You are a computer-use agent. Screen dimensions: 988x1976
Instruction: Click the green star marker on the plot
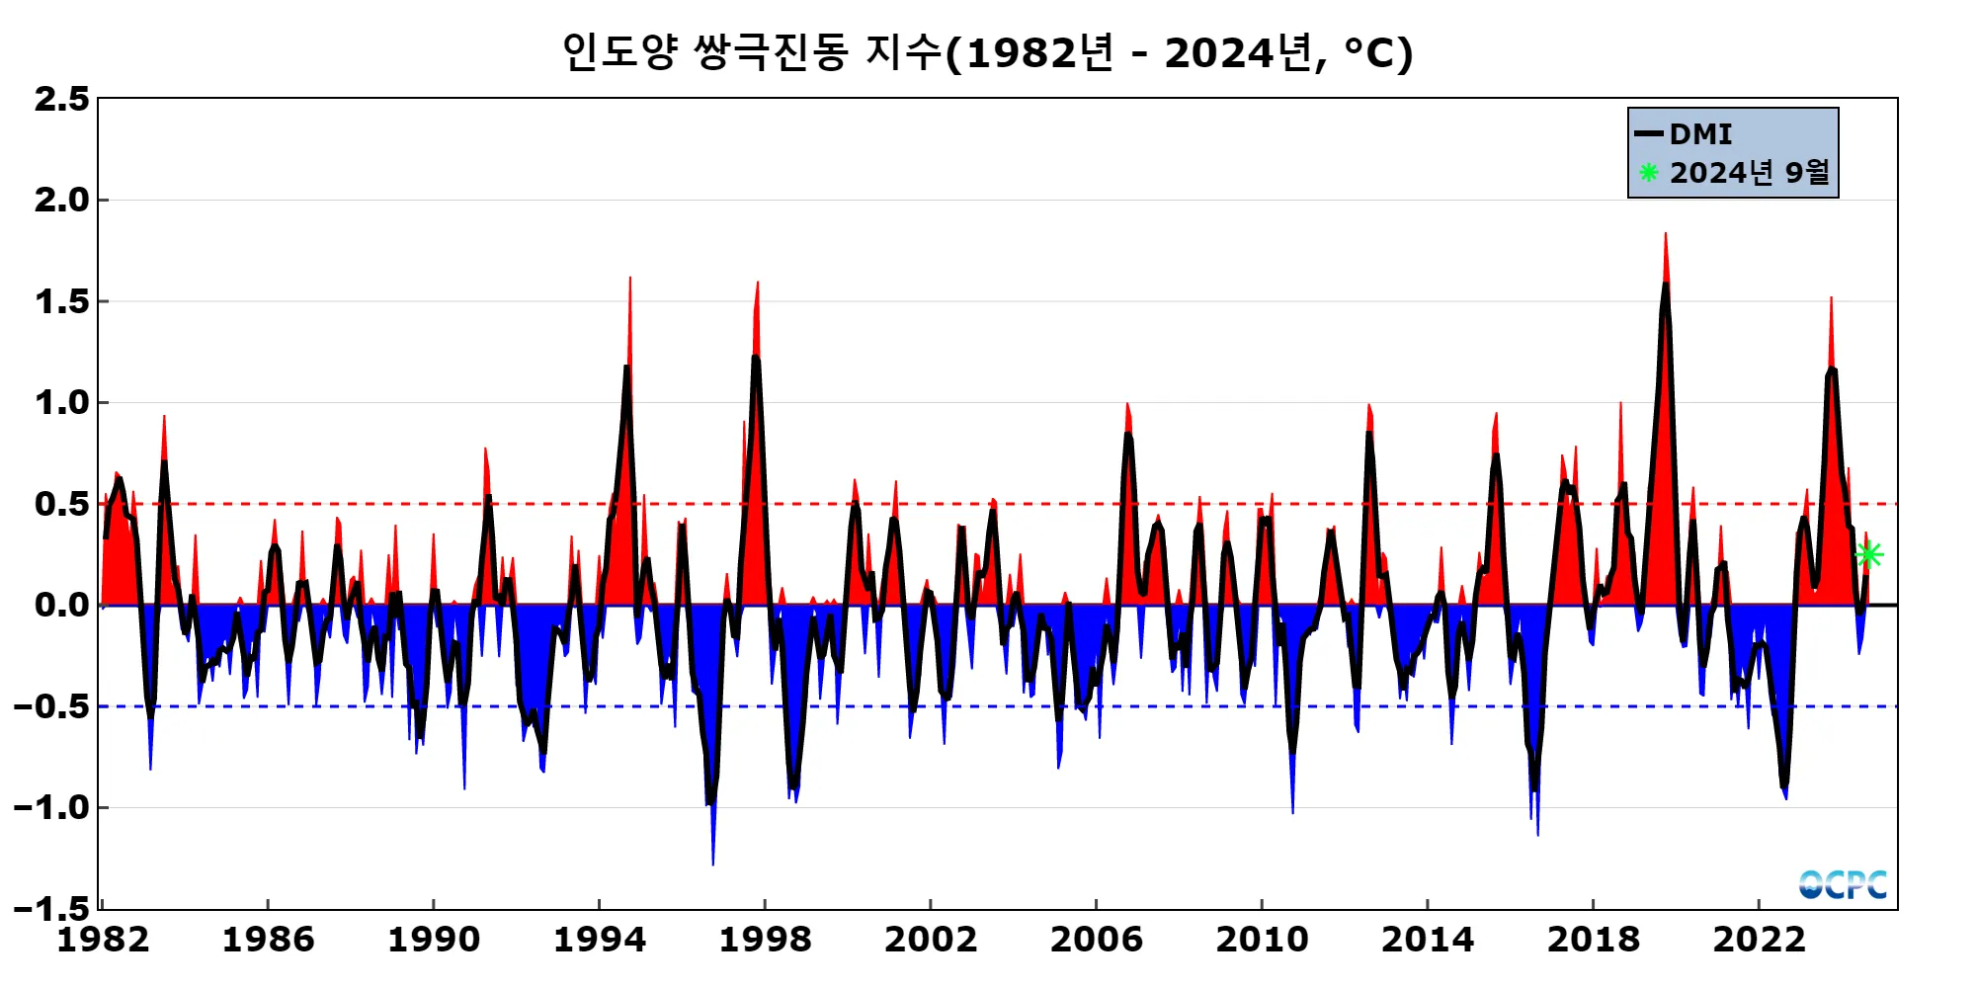pos(1868,554)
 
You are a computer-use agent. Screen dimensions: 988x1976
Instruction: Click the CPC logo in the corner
pos(1843,884)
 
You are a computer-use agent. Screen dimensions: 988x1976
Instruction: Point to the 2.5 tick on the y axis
pos(61,99)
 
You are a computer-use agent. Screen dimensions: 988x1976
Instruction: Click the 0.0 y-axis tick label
pos(61,605)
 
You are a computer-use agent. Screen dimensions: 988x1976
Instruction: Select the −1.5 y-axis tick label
pos(51,908)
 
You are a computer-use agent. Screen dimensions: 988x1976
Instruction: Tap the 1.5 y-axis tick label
pos(61,301)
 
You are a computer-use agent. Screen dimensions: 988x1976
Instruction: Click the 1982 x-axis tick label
pos(103,940)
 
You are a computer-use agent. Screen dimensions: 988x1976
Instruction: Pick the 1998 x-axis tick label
pos(765,940)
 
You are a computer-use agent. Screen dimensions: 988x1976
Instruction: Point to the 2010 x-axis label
pos(1262,940)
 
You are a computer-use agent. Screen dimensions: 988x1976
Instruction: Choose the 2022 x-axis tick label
pos(1759,940)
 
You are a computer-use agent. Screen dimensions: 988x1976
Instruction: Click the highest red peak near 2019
pos(1665,235)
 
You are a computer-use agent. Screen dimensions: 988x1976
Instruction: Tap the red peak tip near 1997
pos(758,284)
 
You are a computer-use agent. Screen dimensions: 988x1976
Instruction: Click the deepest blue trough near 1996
pos(713,863)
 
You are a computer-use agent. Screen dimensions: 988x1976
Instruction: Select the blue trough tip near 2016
pos(1537,833)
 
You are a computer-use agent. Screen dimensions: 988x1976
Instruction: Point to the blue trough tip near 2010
pos(1292,811)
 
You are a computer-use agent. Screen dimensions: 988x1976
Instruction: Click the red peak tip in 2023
pos(1831,298)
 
